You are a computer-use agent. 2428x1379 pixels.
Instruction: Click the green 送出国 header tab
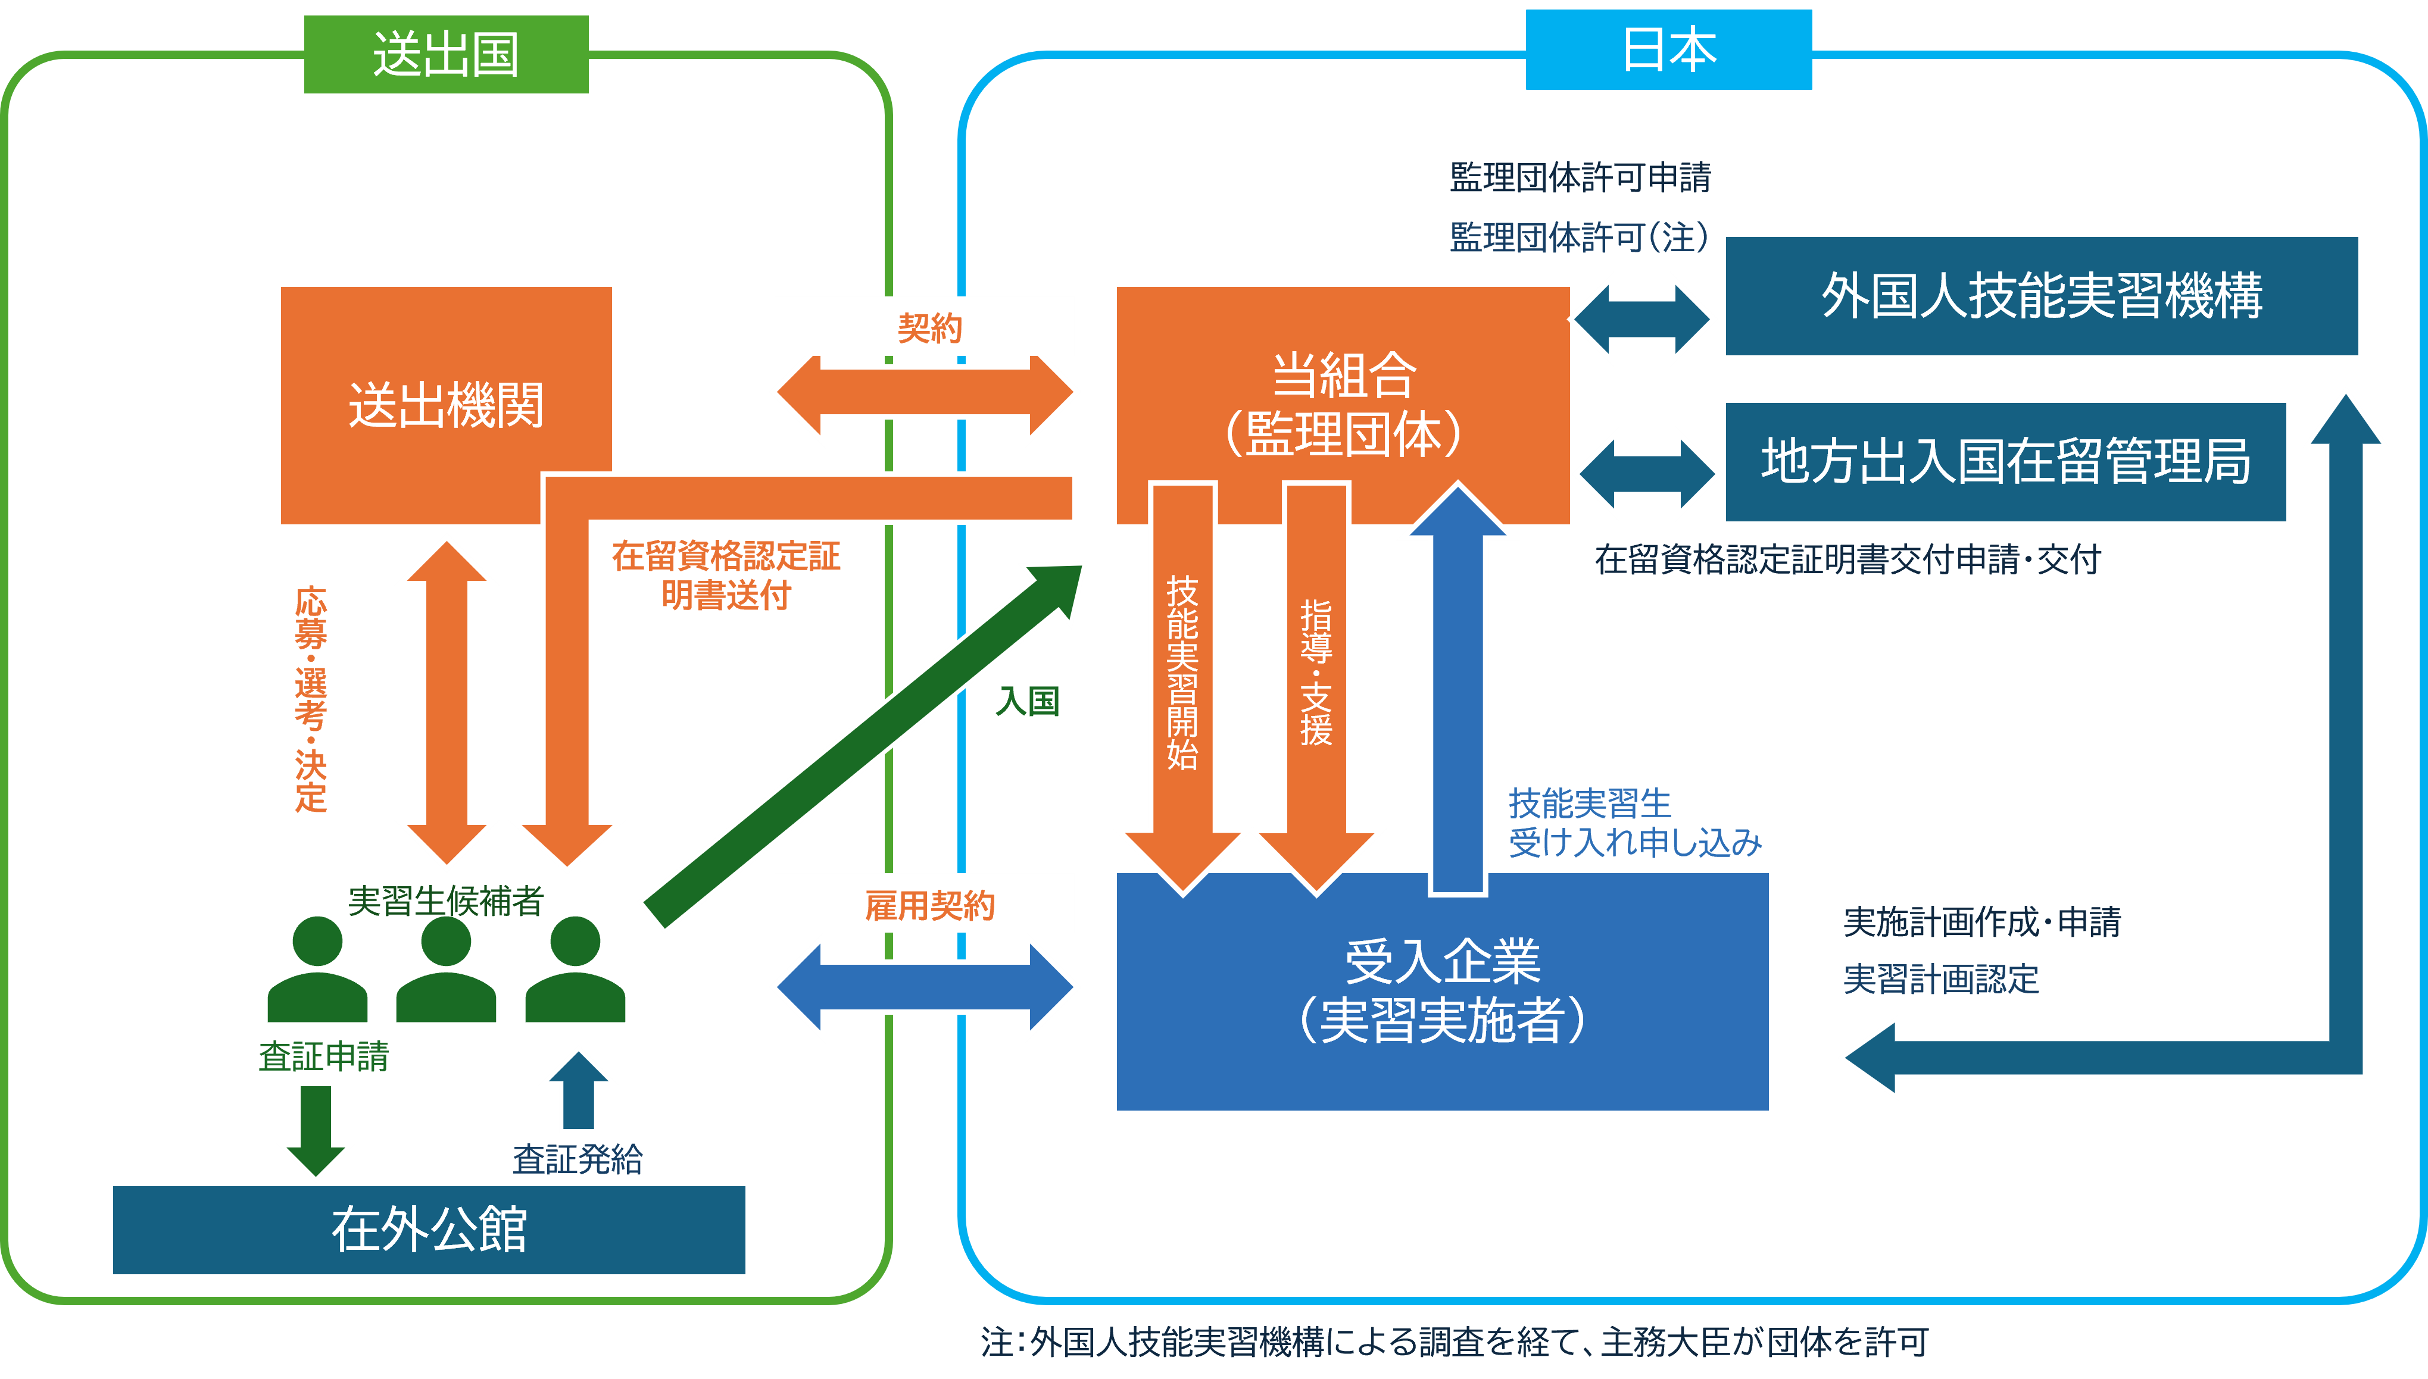pyautogui.click(x=446, y=55)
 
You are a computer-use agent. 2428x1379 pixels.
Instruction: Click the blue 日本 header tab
pyautogui.click(x=1668, y=50)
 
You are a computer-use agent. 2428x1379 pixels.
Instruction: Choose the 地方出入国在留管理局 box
pyautogui.click(x=2005, y=461)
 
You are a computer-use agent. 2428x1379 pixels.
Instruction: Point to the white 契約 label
pyautogui.click(x=925, y=327)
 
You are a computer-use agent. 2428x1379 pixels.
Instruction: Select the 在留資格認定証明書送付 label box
pyautogui.click(x=726, y=574)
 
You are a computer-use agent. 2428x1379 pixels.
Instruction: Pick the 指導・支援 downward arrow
pyautogui.click(x=1316, y=682)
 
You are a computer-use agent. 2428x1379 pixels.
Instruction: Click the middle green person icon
pyautogui.click(x=445, y=971)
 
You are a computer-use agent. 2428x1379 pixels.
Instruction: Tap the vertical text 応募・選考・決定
pyautogui.click(x=311, y=699)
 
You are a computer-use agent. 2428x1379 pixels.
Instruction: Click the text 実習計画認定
pyautogui.click(x=1940, y=978)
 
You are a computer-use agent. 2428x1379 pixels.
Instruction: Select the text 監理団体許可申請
pyautogui.click(x=1580, y=177)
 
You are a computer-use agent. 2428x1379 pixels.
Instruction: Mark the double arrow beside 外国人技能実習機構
pyautogui.click(x=1643, y=319)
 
